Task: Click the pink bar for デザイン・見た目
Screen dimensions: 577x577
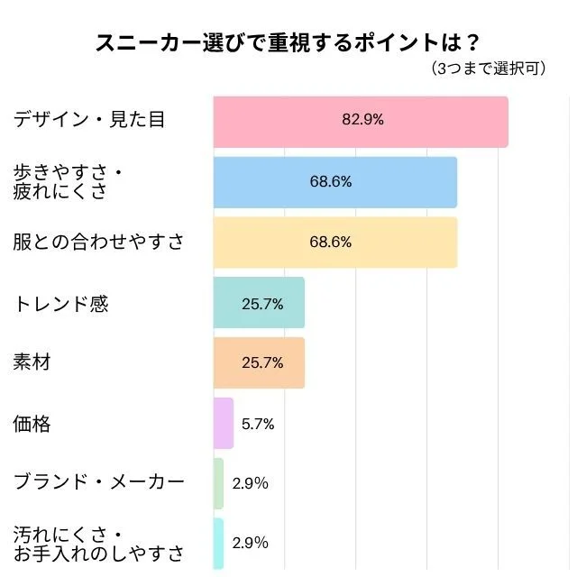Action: coord(361,122)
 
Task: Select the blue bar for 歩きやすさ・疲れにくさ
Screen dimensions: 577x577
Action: coord(334,182)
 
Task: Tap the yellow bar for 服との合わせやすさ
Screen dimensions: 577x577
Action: coord(334,243)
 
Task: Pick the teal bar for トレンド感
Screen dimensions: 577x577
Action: coord(259,303)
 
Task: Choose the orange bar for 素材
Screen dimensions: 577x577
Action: coord(259,363)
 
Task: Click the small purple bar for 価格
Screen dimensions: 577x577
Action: coord(224,424)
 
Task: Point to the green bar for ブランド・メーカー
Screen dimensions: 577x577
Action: coord(218,483)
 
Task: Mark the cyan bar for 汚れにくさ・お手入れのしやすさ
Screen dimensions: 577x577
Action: coord(218,544)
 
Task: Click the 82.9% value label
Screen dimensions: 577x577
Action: coord(362,120)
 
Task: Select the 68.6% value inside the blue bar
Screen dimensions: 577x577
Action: coord(331,181)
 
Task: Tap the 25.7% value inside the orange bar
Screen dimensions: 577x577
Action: coord(262,363)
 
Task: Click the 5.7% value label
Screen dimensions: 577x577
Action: coord(257,424)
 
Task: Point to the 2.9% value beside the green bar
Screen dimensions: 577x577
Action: coord(250,483)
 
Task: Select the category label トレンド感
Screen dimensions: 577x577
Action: coord(60,304)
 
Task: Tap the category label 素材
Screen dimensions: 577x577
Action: coord(32,363)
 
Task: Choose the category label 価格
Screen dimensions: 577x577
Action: coord(32,424)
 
